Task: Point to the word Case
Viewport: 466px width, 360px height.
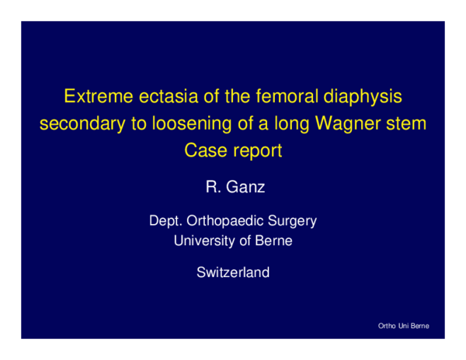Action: point(203,150)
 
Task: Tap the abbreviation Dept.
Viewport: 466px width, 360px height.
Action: point(165,221)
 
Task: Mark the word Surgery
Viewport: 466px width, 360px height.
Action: point(292,222)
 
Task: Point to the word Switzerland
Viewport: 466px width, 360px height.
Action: point(233,272)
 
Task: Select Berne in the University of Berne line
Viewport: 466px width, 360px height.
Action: point(274,241)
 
